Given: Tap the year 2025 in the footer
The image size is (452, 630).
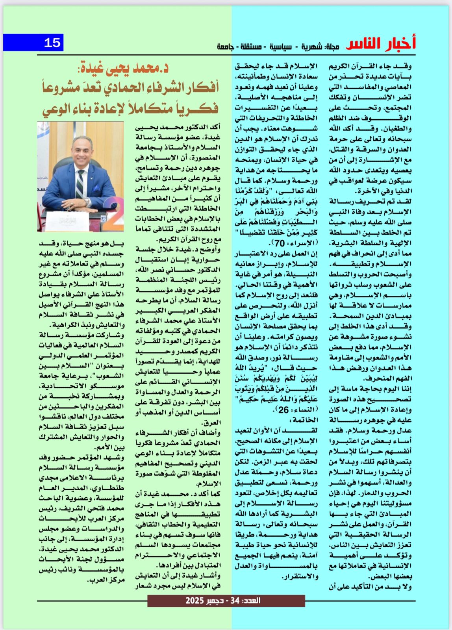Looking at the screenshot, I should (195, 601).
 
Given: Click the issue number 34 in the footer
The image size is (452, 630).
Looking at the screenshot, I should (235, 601).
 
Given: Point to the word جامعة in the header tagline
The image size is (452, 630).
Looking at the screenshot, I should (226, 46).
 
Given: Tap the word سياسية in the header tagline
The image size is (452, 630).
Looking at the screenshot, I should (281, 46).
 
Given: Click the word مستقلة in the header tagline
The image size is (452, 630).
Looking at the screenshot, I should (250, 46).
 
